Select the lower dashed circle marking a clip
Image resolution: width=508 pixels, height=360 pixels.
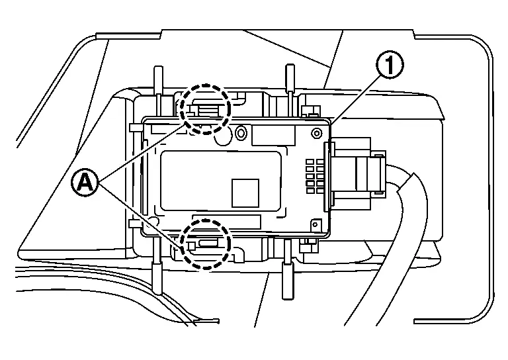(x=205, y=244)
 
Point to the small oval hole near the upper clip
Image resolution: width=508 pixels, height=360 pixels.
(x=241, y=135)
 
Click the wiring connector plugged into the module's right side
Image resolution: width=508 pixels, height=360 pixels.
(x=360, y=173)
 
